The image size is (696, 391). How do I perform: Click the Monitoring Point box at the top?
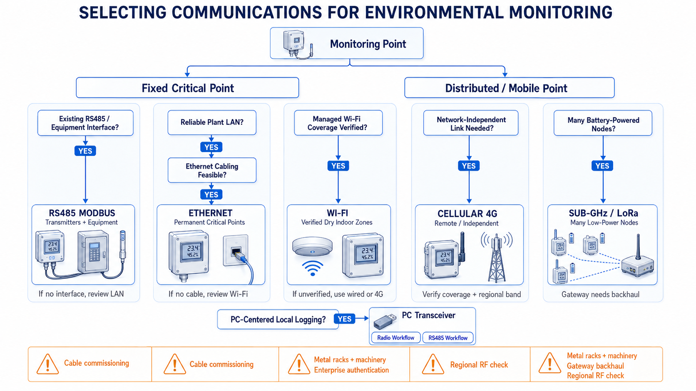tap(346, 43)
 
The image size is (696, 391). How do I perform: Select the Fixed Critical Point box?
tap(187, 88)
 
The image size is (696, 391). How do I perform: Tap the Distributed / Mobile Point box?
tap(509, 88)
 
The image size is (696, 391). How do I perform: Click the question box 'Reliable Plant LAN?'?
tap(212, 123)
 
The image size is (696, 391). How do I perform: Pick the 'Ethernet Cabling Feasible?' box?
tap(212, 170)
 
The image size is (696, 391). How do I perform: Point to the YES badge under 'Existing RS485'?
tap(85, 151)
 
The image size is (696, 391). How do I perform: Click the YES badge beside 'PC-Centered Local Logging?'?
tap(344, 319)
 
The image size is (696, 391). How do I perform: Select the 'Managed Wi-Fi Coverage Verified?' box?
tap(338, 123)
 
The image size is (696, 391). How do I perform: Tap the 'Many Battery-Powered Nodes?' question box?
tap(603, 123)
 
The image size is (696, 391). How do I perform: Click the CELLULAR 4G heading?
tap(467, 214)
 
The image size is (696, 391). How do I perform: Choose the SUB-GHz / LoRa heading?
tap(604, 213)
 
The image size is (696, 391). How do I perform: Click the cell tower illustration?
tap(497, 257)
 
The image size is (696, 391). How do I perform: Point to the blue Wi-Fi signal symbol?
tap(313, 268)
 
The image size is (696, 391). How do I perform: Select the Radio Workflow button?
tap(395, 338)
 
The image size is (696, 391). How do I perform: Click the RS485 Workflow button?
tap(448, 338)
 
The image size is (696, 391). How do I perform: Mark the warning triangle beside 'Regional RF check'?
tap(433, 364)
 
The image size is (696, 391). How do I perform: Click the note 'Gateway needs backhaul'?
tap(600, 294)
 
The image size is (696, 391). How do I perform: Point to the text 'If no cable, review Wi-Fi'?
tap(208, 294)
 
